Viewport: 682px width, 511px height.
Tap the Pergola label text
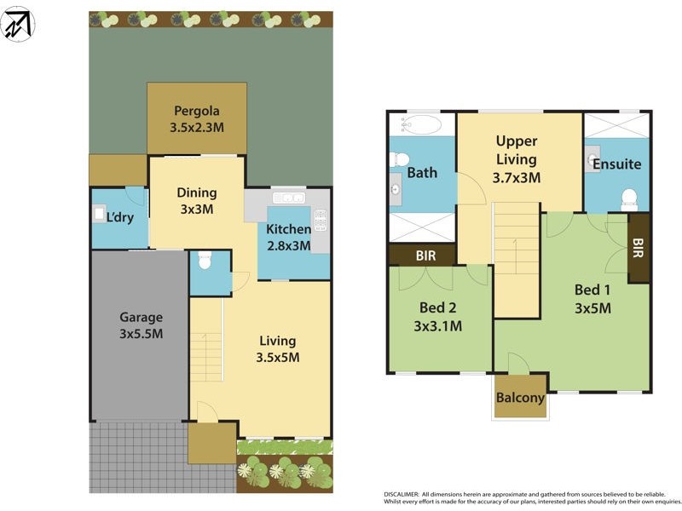(x=197, y=111)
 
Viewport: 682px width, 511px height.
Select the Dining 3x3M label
(x=196, y=200)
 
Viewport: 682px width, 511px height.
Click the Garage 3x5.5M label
(x=141, y=325)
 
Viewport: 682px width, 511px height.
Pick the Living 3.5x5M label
(x=279, y=349)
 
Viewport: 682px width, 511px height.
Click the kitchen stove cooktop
(x=321, y=221)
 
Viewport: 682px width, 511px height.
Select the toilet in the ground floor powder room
(x=203, y=261)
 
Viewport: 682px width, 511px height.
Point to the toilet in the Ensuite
(x=630, y=198)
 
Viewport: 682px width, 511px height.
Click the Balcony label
(x=520, y=398)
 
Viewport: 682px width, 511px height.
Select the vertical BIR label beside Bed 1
(x=639, y=247)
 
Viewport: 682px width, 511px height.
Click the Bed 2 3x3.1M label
(x=436, y=317)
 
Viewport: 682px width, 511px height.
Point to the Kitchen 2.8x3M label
(x=288, y=238)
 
